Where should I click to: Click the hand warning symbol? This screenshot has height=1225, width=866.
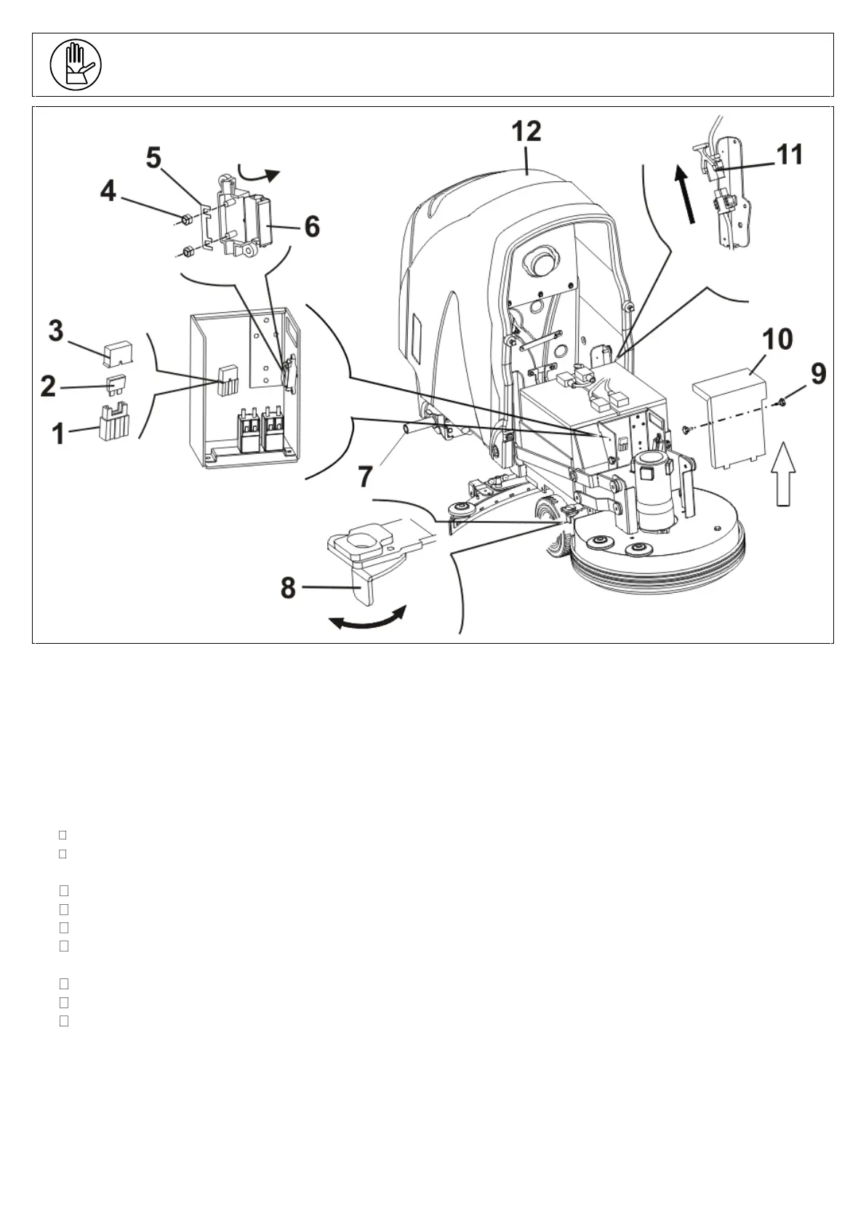coord(76,65)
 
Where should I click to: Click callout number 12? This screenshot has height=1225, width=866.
coord(526,132)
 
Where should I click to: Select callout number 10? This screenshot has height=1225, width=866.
coord(777,339)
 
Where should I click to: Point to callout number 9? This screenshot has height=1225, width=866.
coord(818,375)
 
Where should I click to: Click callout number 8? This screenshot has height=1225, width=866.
coord(289,588)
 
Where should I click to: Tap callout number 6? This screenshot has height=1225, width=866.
coord(311,227)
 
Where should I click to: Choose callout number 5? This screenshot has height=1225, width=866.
coord(153,158)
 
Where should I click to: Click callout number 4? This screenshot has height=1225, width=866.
coord(108,191)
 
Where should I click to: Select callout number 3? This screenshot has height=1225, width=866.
coord(56,331)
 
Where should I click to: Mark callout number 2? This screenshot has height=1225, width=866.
coord(48,386)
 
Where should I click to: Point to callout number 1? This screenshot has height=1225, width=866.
coord(57,434)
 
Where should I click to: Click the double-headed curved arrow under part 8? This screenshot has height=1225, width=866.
coord(366,619)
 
